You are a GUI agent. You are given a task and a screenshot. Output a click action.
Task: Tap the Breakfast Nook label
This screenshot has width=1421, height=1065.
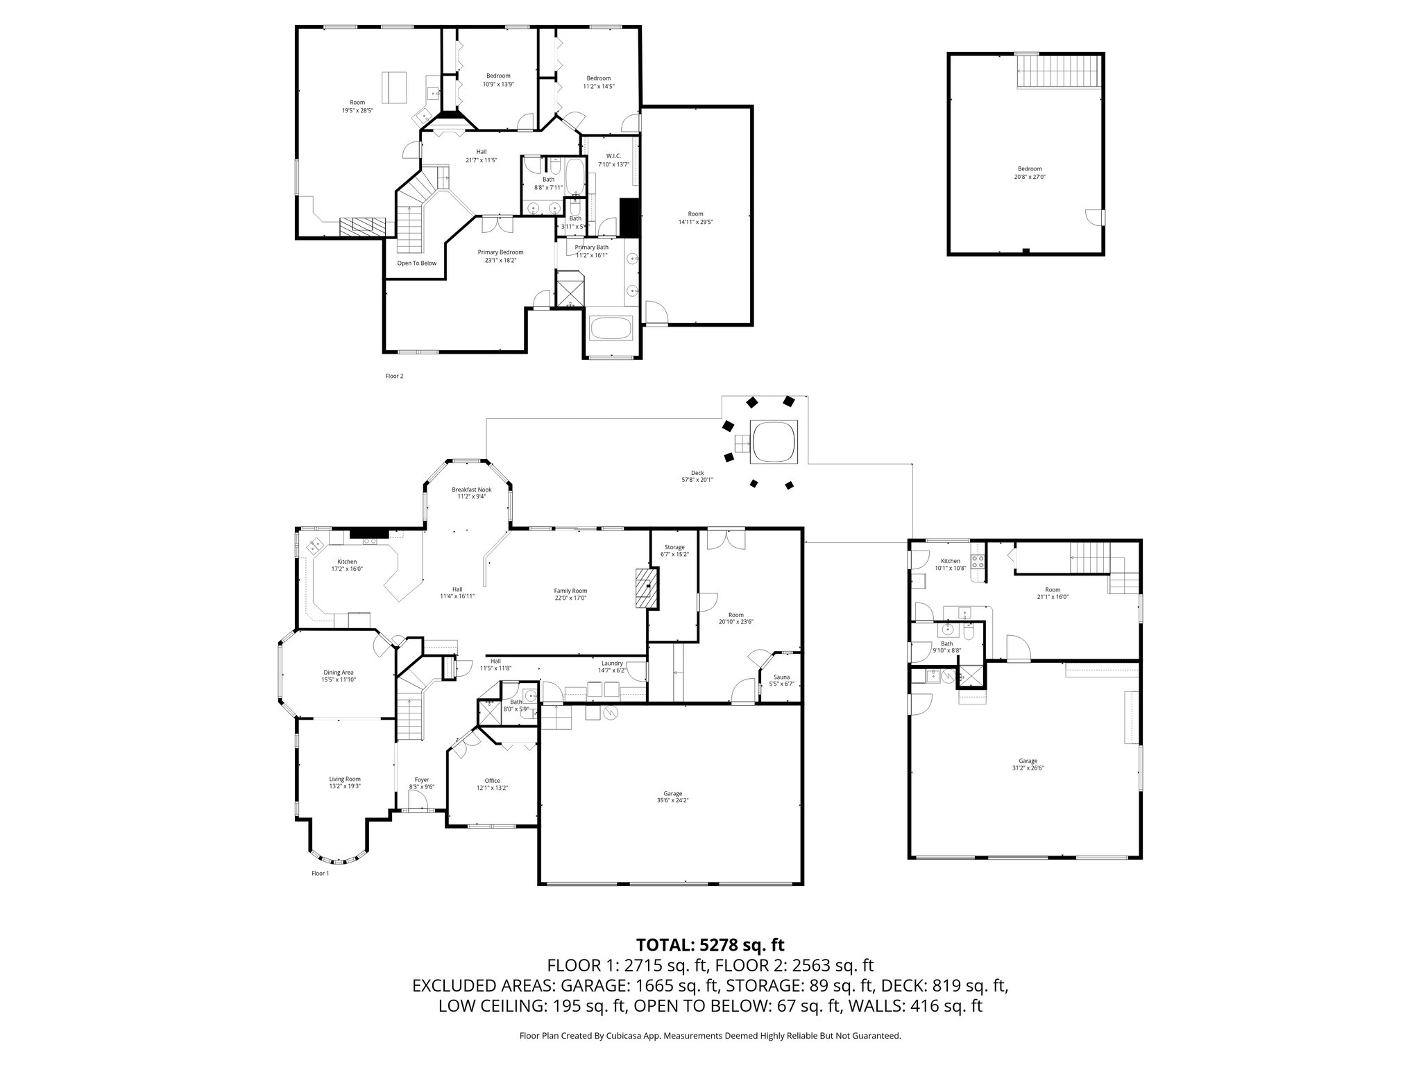coord(471,492)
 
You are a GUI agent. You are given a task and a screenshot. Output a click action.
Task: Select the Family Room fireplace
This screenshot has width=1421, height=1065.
coord(647,587)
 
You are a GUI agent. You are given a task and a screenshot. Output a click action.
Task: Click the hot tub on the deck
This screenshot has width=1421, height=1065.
coord(774,441)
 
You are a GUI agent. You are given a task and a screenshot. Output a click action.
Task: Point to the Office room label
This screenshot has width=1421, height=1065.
coord(492,784)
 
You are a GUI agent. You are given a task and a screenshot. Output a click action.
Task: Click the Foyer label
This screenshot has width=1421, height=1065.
coord(422,783)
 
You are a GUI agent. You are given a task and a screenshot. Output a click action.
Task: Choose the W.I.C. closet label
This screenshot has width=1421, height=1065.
coord(613,159)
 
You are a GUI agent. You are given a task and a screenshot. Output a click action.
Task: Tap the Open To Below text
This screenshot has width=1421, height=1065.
coord(416,263)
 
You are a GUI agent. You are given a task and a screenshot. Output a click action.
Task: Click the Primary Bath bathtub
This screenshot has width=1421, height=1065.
coord(611,329)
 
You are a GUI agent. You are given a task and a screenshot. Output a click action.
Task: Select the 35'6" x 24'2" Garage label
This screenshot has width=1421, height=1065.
coord(672,797)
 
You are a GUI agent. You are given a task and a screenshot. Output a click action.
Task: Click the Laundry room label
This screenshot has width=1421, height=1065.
coord(612,666)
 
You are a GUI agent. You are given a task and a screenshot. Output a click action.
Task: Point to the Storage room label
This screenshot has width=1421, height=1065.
coord(674,551)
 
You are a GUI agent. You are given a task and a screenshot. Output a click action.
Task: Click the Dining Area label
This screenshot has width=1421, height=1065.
coord(338,676)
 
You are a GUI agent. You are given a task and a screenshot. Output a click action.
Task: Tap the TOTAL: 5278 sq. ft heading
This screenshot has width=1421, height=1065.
coord(710,945)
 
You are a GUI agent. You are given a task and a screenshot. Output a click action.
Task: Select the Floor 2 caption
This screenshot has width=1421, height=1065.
coord(394,376)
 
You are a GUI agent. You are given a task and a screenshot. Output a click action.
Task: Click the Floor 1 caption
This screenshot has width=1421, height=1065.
coord(320,874)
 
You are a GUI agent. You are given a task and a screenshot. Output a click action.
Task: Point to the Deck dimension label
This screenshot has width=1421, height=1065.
coord(697,476)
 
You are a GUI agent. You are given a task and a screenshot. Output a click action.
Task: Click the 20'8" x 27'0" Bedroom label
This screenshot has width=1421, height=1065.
coord(1030,173)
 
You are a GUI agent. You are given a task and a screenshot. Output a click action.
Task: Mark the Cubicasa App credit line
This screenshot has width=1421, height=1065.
coord(710,1036)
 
